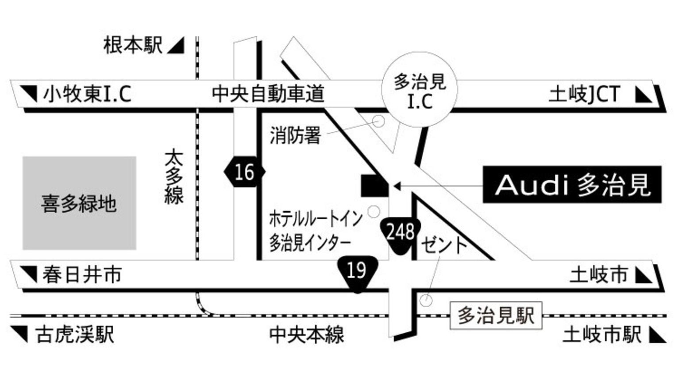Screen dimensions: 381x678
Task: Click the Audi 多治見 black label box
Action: click(x=572, y=185)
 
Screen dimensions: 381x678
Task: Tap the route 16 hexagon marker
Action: click(x=244, y=171)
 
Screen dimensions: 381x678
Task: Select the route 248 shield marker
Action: click(x=400, y=234)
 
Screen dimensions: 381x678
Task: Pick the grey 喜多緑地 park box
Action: click(x=79, y=203)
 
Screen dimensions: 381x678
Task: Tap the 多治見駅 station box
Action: click(x=496, y=316)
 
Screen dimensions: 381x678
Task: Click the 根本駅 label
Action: click(x=133, y=46)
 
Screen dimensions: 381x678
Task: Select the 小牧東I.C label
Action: click(x=87, y=94)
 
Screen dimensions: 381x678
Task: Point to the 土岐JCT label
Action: click(x=584, y=94)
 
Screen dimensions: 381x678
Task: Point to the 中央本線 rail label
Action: click(x=306, y=335)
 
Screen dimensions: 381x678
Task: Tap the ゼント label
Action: click(x=444, y=245)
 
